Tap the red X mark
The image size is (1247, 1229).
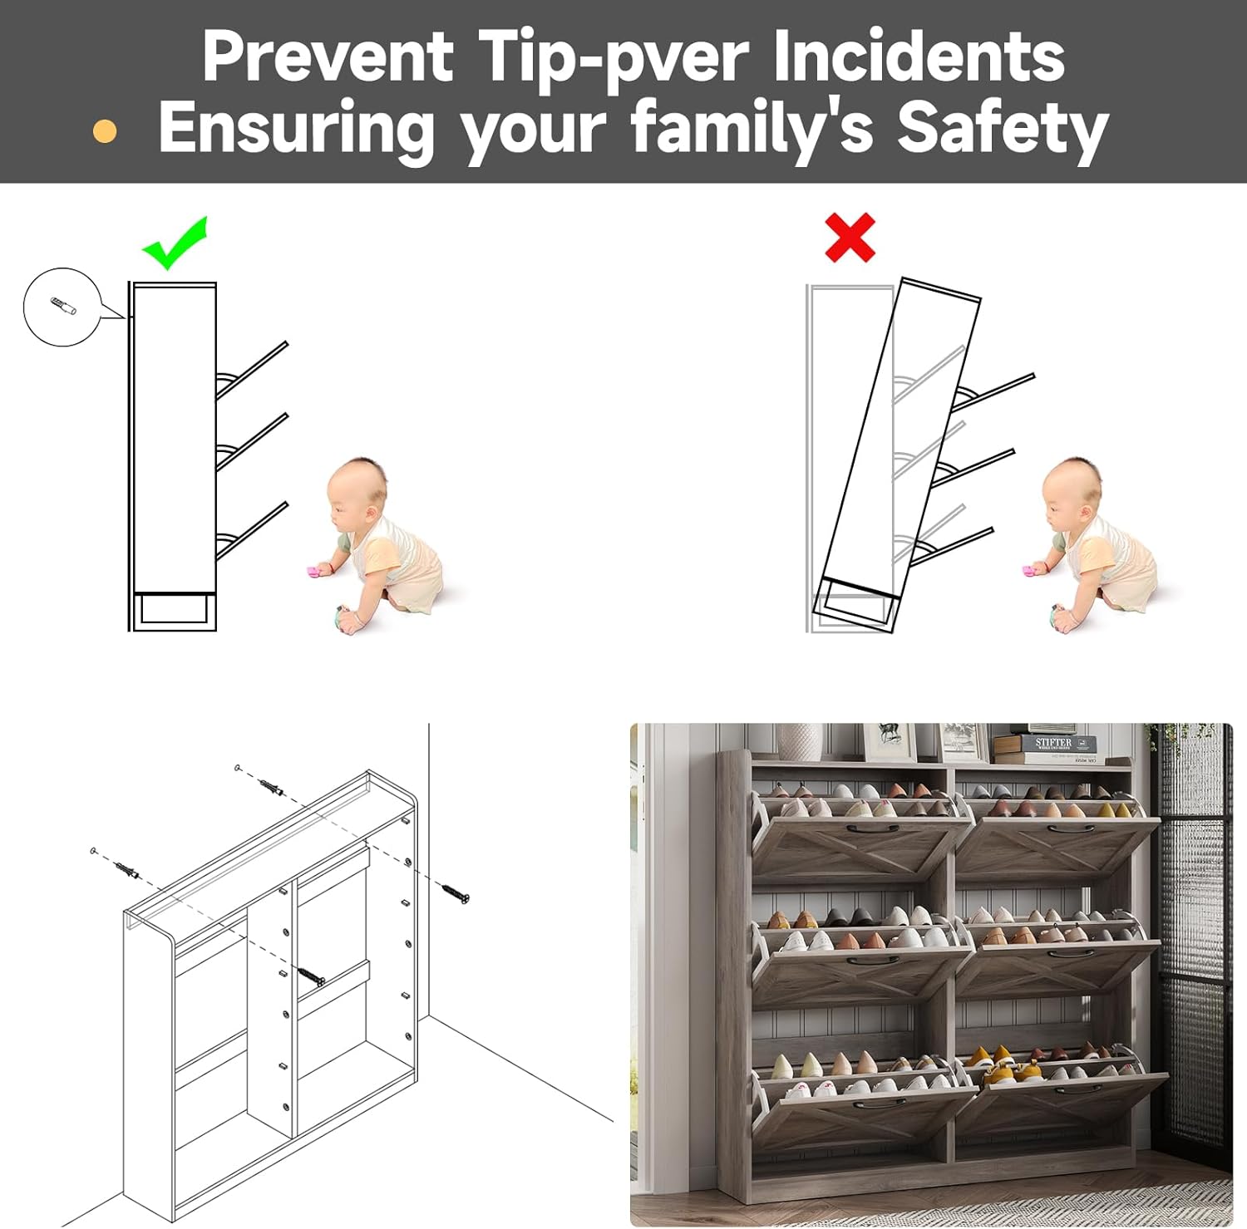(850, 238)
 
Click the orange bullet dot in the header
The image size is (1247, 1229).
(105, 131)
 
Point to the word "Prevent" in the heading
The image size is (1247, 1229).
(328, 56)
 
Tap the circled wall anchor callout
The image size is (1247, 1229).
(62, 307)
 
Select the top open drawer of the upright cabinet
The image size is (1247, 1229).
(252, 370)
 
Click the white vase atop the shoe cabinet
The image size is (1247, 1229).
(800, 741)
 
